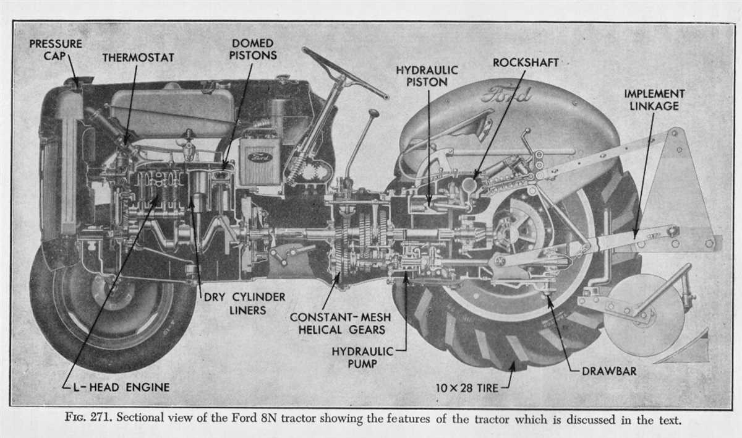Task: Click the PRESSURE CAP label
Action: [55, 50]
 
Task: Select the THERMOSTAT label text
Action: [138, 58]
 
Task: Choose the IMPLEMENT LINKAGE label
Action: [654, 100]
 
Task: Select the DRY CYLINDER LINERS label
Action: [245, 303]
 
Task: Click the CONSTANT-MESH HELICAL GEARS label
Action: [337, 324]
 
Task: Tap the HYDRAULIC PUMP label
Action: [362, 358]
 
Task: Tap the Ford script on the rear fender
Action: [506, 95]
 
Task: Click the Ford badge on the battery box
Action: [260, 157]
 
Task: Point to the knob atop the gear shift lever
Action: [373, 114]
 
